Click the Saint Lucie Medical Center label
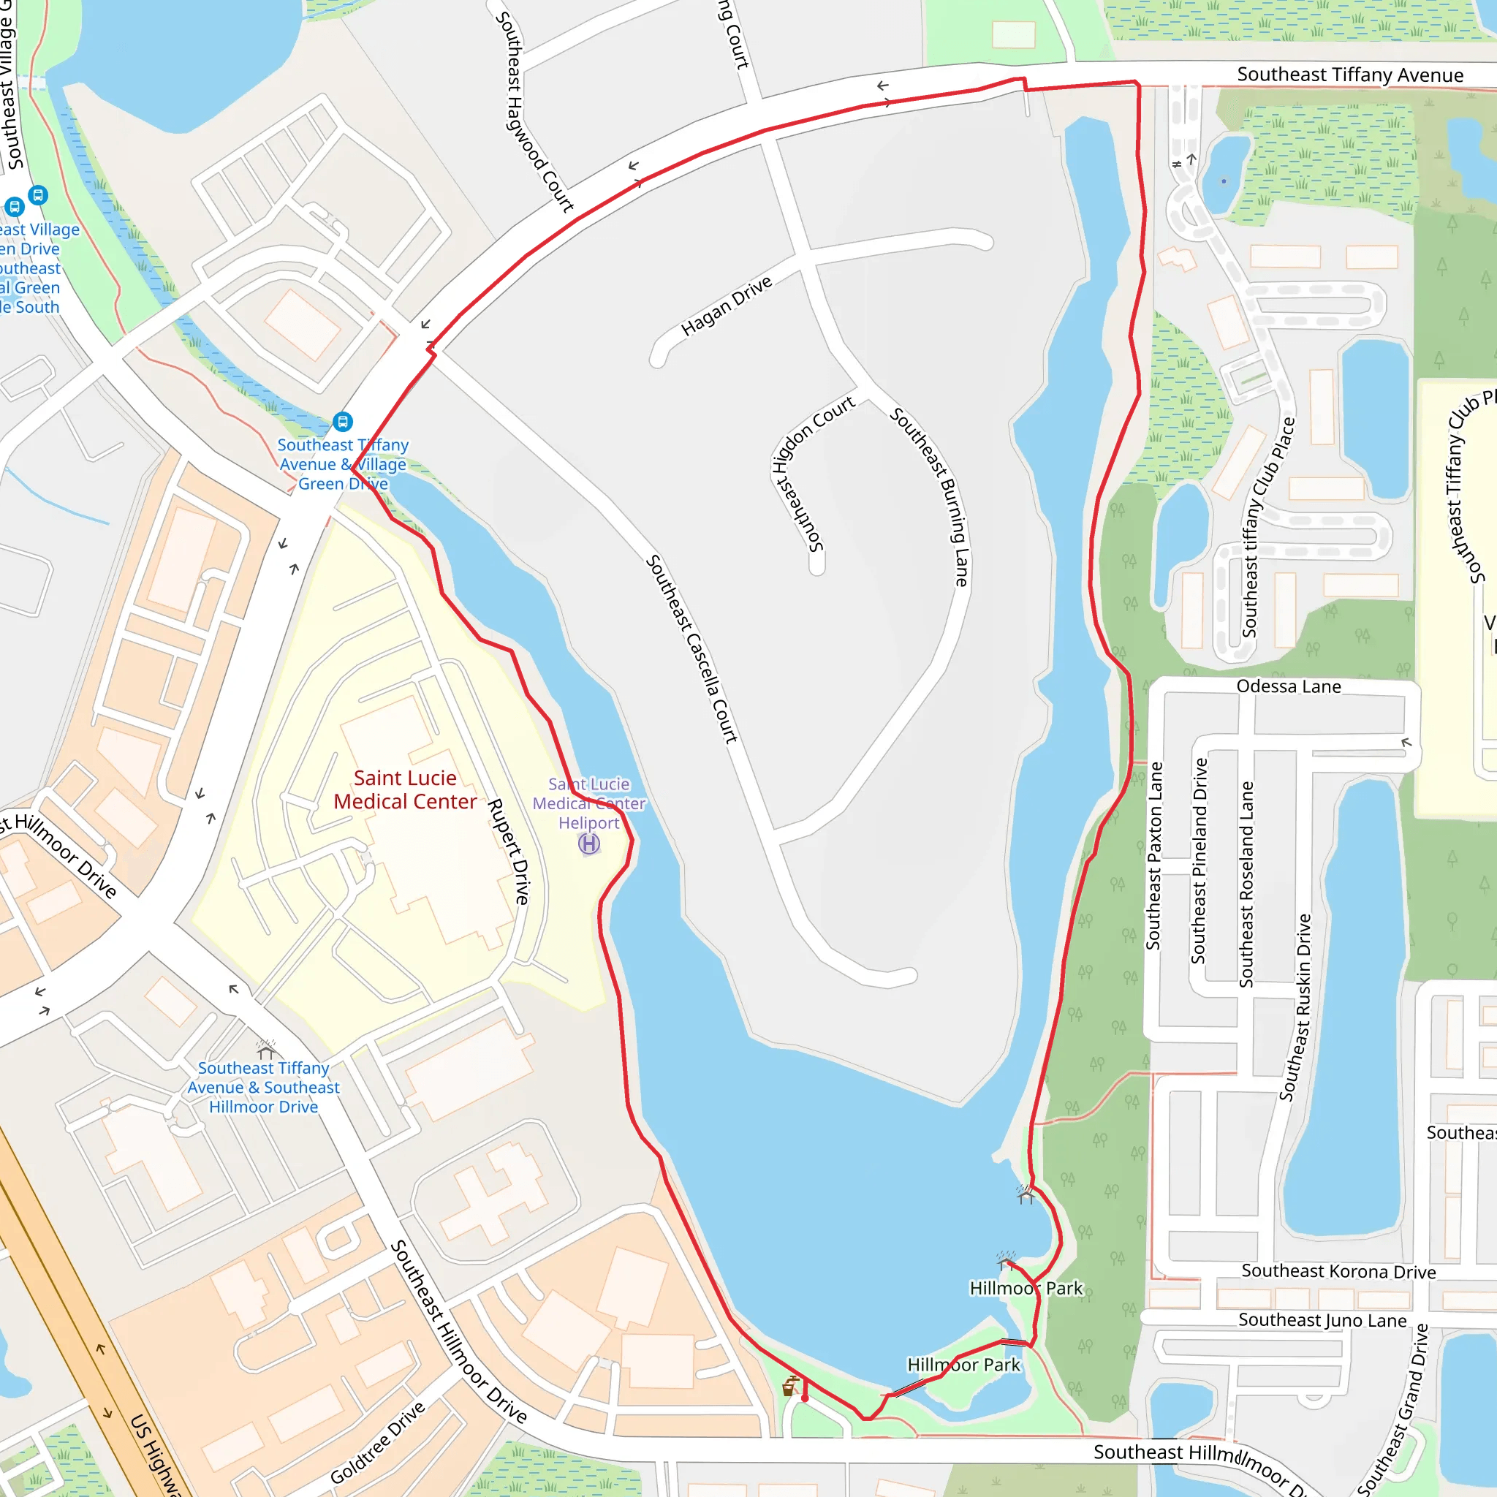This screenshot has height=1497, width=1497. click(404, 789)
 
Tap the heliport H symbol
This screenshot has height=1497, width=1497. click(589, 844)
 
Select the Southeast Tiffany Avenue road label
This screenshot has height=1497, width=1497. click(1350, 75)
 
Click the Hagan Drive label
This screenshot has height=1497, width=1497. click(726, 306)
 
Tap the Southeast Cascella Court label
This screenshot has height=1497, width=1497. click(691, 649)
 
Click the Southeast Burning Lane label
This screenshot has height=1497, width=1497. click(929, 496)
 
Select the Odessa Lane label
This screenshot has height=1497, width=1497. click(1288, 686)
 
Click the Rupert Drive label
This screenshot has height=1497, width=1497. click(508, 851)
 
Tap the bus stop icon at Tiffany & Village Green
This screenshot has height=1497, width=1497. click(343, 422)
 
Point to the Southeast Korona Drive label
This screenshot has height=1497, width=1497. click(1338, 1272)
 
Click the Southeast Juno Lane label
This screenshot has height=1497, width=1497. click(1322, 1320)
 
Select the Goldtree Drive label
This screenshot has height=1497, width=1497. click(377, 1443)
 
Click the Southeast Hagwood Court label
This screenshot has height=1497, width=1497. click(534, 112)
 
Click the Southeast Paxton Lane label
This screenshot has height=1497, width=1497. click(1154, 855)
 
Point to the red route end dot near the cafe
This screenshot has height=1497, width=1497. click(805, 1398)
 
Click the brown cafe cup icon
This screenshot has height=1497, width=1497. click(789, 1386)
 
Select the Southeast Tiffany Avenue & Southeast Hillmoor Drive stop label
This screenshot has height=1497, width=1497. click(263, 1087)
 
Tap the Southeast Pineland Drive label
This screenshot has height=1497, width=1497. click(1200, 860)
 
